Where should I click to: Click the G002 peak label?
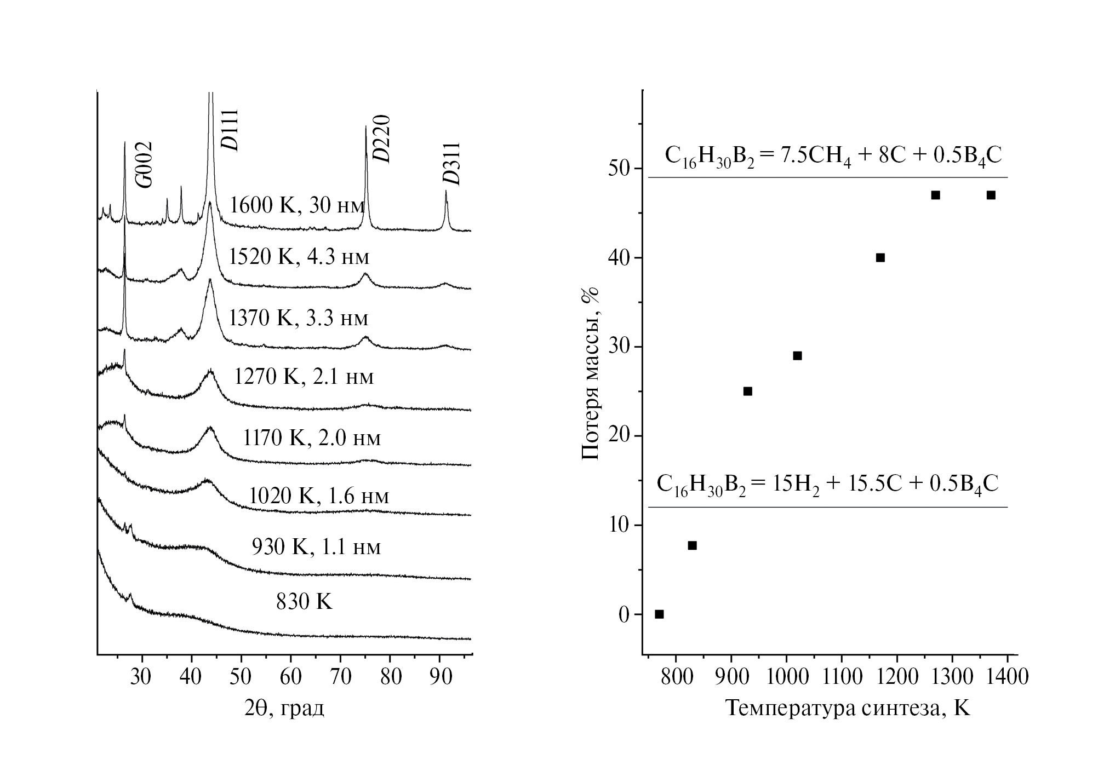click(145, 164)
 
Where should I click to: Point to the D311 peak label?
click(452, 164)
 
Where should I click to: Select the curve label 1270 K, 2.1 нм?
click(304, 377)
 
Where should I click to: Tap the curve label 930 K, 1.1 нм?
click(316, 546)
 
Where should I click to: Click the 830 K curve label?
click(304, 602)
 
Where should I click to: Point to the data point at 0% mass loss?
click(659, 614)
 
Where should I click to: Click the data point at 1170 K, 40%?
click(880, 258)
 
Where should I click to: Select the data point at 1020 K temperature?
click(797, 356)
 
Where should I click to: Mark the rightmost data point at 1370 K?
click(991, 195)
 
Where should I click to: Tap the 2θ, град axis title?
click(284, 708)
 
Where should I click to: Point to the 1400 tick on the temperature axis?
click(1007, 677)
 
